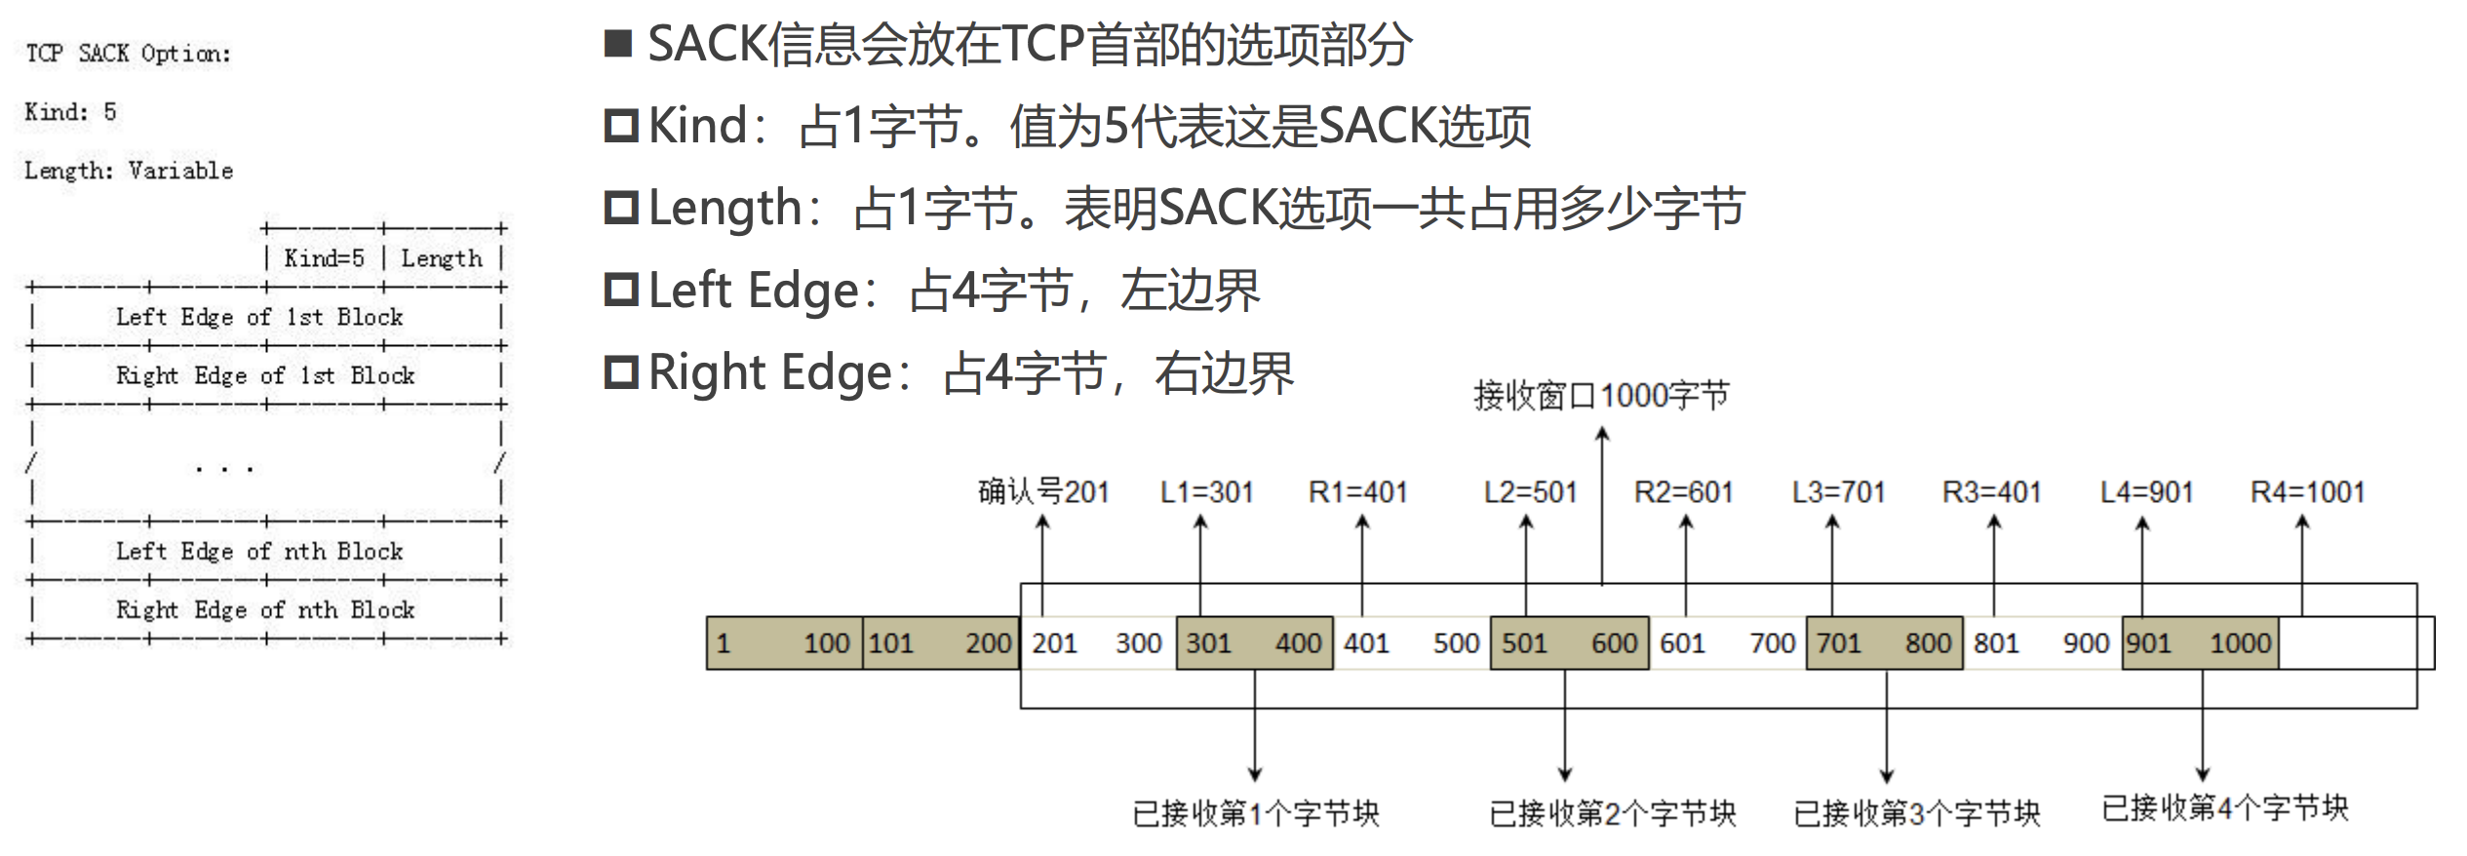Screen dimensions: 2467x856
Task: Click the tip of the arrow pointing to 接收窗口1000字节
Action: tap(1602, 429)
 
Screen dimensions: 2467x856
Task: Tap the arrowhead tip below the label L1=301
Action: tap(1200, 516)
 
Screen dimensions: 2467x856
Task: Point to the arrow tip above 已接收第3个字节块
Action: tap(1887, 783)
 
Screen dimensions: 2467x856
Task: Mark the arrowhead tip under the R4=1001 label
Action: tap(2302, 516)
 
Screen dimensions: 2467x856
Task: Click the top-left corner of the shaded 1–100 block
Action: tap(708, 617)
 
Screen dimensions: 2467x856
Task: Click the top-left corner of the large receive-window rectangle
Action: tap(1021, 584)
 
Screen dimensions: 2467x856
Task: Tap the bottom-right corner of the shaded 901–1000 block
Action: tap(2278, 670)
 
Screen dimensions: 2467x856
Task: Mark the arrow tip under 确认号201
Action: tap(1042, 516)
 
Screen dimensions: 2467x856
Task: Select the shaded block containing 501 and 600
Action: tap(1570, 643)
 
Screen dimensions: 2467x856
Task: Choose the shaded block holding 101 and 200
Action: tap(941, 643)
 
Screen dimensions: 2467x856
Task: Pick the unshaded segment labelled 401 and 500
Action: tap(1411, 643)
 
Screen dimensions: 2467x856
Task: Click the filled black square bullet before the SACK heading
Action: tap(618, 44)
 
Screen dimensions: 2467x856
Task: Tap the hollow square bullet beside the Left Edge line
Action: tap(620, 290)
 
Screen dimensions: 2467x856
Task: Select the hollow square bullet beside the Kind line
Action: tap(620, 126)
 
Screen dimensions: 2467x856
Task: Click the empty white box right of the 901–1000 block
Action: tap(2356, 643)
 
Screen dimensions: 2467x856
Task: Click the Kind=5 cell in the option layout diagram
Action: tap(325, 258)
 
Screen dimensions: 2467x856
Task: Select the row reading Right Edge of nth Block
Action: tap(266, 610)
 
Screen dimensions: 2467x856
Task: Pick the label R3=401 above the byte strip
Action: tap(1992, 492)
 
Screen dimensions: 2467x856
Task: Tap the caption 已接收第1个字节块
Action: tap(1256, 813)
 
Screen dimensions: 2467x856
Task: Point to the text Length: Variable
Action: tap(129, 171)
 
